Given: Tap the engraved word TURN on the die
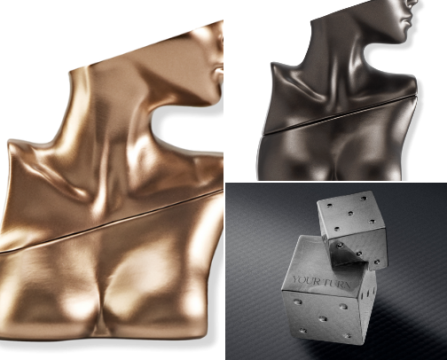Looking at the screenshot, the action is click(337, 284).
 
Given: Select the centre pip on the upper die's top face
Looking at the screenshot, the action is click(350, 213).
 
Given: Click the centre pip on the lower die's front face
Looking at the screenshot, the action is click(323, 319).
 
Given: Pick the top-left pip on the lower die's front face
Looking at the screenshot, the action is click(297, 301).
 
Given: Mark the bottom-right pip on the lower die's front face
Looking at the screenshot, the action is click(348, 336).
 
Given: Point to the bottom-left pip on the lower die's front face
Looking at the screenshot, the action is click(302, 330).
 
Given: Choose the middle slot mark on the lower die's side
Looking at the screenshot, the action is click(368, 293).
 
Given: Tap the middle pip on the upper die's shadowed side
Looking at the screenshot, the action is click(359, 254).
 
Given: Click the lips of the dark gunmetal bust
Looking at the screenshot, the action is click(407, 20).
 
